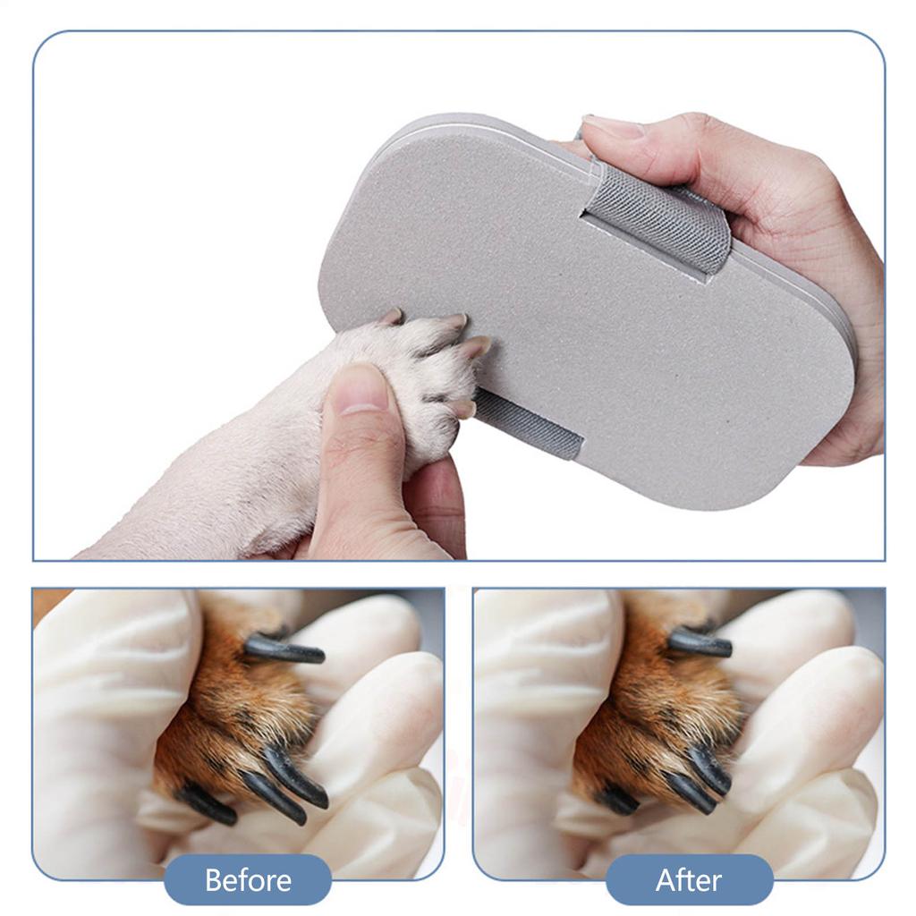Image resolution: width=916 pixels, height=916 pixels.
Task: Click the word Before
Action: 248,880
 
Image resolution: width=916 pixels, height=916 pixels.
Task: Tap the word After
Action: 688,880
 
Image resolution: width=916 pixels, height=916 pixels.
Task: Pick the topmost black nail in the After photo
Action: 700,642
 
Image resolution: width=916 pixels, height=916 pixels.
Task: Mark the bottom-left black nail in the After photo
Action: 618,799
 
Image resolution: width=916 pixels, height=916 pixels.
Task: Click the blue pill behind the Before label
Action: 179,880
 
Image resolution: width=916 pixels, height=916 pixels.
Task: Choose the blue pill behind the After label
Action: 626,880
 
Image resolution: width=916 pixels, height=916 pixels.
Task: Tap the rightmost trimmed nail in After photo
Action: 712,769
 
